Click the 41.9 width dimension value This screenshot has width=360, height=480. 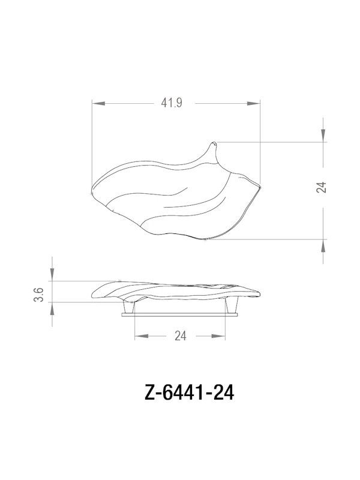171,103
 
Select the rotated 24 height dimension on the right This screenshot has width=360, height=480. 323,187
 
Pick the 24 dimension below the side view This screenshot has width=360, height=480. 180,337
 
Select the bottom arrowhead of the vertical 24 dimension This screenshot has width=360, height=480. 324,245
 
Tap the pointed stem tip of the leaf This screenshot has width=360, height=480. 214,143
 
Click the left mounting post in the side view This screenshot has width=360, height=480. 127,306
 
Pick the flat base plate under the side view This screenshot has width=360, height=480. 180,313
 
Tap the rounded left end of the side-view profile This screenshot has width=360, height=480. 92,293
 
